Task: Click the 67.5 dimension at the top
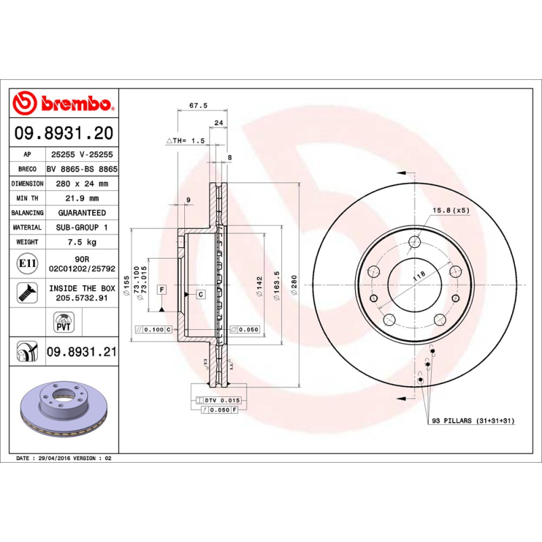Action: [x=198, y=106]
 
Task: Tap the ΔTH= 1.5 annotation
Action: [x=185, y=140]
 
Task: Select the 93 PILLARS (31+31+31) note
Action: [x=473, y=421]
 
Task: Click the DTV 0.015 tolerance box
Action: [x=222, y=401]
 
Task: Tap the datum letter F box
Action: [x=162, y=289]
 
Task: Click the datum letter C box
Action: [x=201, y=293]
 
